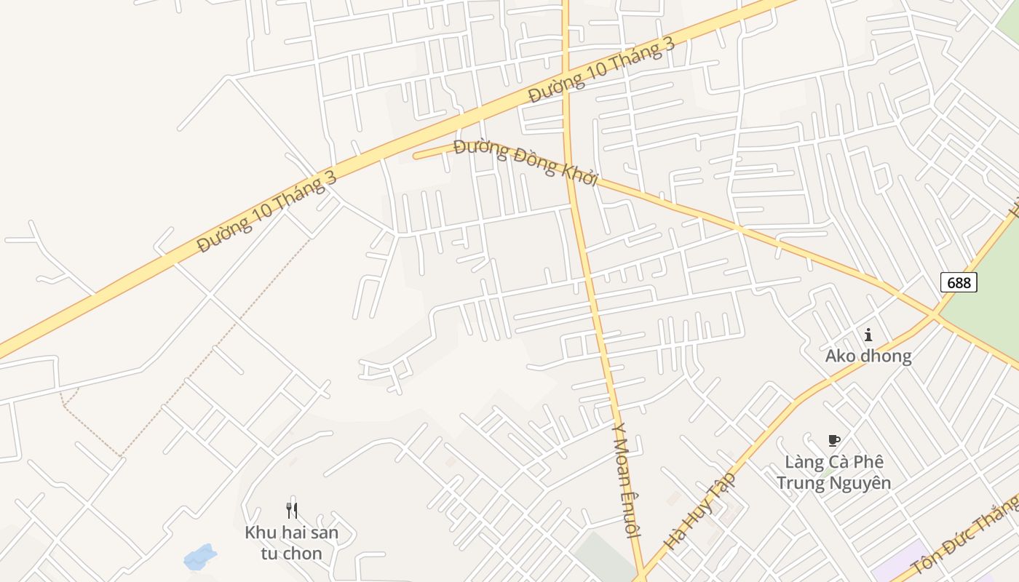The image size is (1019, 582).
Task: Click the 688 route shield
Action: point(959,282)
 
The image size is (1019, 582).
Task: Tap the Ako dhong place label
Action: point(868,356)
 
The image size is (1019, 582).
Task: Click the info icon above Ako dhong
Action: point(868,335)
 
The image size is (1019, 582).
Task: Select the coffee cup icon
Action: point(834,440)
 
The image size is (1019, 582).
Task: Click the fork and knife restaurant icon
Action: point(292,511)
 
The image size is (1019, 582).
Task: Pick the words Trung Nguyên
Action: point(833,482)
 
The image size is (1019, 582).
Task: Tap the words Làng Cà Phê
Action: point(833,462)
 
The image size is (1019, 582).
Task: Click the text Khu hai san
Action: point(292,533)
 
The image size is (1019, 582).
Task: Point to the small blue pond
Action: point(200,557)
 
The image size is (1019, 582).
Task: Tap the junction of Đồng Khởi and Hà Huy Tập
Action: point(934,315)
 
